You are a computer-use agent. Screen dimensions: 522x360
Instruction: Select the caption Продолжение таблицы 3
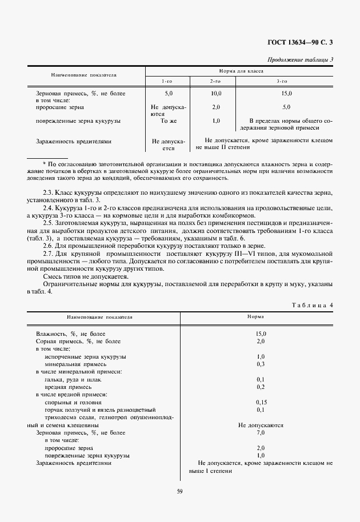pyautogui.click(x=301, y=59)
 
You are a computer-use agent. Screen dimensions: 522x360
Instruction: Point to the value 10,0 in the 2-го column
pyautogui.click(x=216, y=93)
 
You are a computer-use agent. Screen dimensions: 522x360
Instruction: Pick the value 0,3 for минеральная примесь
pyautogui.click(x=260, y=364)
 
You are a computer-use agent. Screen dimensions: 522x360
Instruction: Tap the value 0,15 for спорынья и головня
pyautogui.click(x=260, y=402)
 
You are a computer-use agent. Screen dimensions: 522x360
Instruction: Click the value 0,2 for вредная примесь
pyautogui.click(x=260, y=387)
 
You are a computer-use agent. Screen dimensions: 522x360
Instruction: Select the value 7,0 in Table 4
pyautogui.click(x=260, y=433)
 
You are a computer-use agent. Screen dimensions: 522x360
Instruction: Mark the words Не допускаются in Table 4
pyautogui.click(x=260, y=425)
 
